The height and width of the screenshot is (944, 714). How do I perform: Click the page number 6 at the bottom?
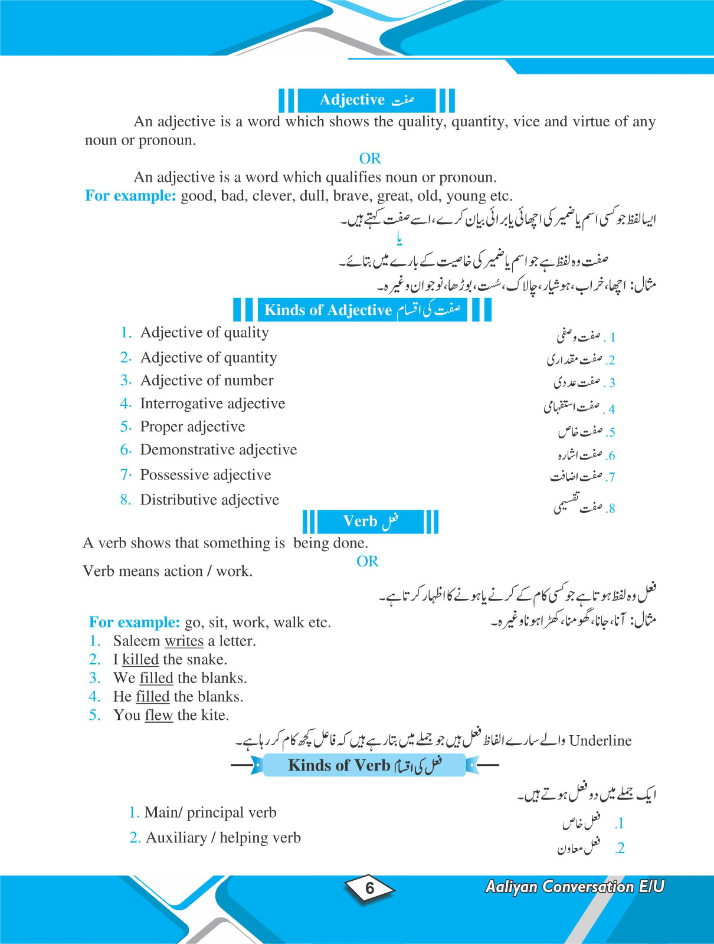point(369,888)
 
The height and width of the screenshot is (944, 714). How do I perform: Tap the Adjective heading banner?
point(366,100)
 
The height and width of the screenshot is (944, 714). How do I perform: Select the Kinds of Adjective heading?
point(362,310)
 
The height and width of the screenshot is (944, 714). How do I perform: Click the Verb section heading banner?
point(370,522)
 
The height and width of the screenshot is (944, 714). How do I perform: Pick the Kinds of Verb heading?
point(364,765)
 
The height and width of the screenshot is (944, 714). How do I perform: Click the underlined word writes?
point(184,641)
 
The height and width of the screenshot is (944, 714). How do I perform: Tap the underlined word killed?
point(140,660)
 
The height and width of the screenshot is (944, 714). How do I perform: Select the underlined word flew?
point(159,715)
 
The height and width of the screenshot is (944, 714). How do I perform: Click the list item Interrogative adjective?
point(212,404)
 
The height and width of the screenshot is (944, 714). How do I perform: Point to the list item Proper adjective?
point(192,427)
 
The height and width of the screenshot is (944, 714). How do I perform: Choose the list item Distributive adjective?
point(209,500)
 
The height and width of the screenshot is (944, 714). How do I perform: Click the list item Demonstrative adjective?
point(218,450)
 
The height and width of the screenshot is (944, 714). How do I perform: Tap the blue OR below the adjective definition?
point(370,158)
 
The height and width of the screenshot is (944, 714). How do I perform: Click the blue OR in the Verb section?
point(368,561)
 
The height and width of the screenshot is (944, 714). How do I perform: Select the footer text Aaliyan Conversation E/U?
point(574,887)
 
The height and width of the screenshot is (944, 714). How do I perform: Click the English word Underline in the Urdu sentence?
point(600,741)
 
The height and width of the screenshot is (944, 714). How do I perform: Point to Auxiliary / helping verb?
point(223,838)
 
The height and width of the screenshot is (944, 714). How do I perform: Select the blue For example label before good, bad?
point(130,196)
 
